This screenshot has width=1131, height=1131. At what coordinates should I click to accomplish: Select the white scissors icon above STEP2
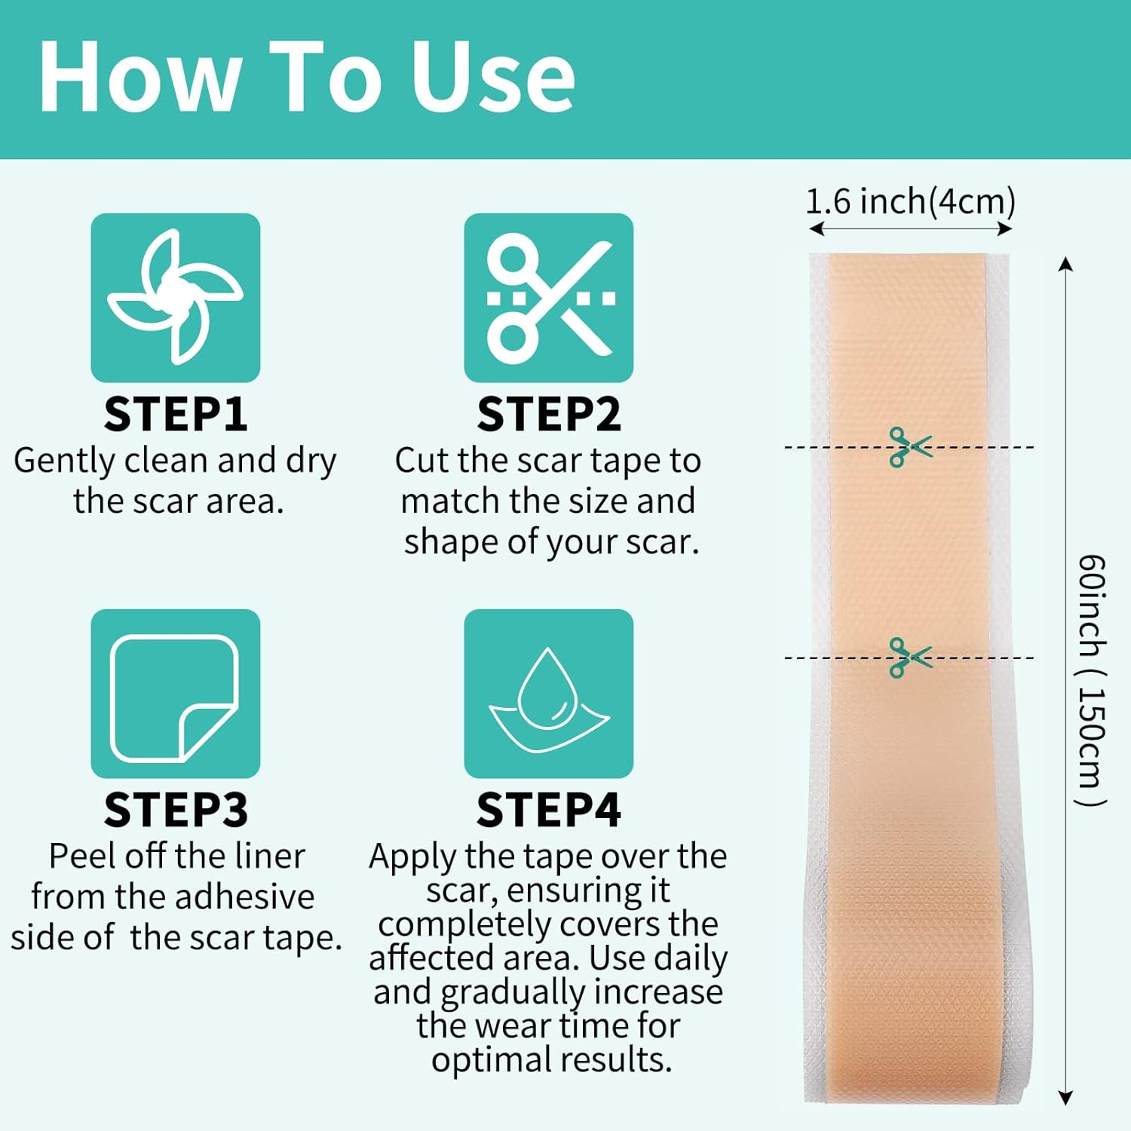[x=550, y=298]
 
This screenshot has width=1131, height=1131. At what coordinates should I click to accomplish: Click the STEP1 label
[x=176, y=415]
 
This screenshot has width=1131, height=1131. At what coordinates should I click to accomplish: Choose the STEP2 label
[x=549, y=415]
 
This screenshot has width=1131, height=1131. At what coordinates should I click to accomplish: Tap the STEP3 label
[x=176, y=810]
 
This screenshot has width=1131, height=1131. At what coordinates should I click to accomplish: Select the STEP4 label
[x=549, y=810]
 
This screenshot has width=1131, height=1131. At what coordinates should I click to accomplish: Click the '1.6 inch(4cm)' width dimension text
[x=911, y=201]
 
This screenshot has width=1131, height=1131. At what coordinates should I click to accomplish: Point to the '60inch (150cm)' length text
[x=1091, y=680]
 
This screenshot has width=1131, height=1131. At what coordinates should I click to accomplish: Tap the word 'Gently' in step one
[x=66, y=461]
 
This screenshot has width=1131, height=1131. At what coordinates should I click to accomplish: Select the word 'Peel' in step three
[x=82, y=856]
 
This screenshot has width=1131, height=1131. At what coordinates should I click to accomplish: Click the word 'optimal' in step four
[x=490, y=1060]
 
